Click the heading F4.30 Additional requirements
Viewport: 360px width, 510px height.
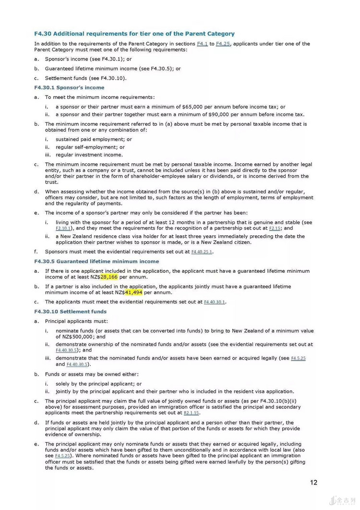134,34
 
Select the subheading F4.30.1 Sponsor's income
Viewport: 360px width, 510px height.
69,88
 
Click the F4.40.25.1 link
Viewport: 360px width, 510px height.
202,252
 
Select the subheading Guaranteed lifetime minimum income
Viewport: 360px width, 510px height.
96,262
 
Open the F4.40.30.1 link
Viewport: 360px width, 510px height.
215,302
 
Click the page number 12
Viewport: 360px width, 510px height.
314,482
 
